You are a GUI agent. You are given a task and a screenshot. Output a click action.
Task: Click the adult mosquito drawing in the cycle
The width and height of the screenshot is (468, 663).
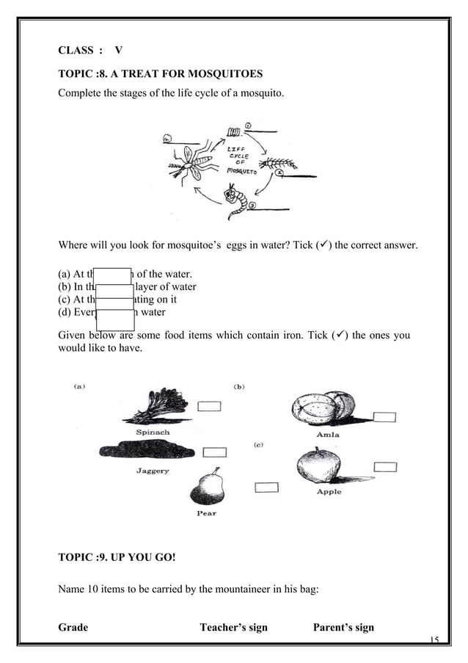tap(188, 162)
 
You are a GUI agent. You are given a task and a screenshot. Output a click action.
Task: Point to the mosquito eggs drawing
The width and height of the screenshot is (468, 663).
tap(234, 132)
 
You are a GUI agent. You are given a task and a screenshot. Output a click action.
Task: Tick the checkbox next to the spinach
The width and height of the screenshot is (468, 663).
tap(209, 406)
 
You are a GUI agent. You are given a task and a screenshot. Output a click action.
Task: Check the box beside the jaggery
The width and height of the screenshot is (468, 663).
tap(214, 452)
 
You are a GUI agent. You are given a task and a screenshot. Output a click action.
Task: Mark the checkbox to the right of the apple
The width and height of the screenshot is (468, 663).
tap(385, 466)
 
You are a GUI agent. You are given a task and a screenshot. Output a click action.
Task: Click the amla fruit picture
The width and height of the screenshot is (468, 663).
tap(323, 408)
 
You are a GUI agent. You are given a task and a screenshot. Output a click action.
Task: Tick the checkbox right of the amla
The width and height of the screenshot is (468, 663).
tap(384, 417)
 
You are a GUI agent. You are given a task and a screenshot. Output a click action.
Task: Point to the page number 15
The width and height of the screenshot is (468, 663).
tap(434, 640)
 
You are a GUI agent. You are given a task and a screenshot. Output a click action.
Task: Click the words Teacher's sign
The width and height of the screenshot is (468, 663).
tap(233, 627)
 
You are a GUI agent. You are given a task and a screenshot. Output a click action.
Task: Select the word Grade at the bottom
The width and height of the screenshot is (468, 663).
tap(73, 627)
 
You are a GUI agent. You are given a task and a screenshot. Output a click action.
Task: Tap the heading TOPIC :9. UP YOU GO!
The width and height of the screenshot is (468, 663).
tap(117, 557)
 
